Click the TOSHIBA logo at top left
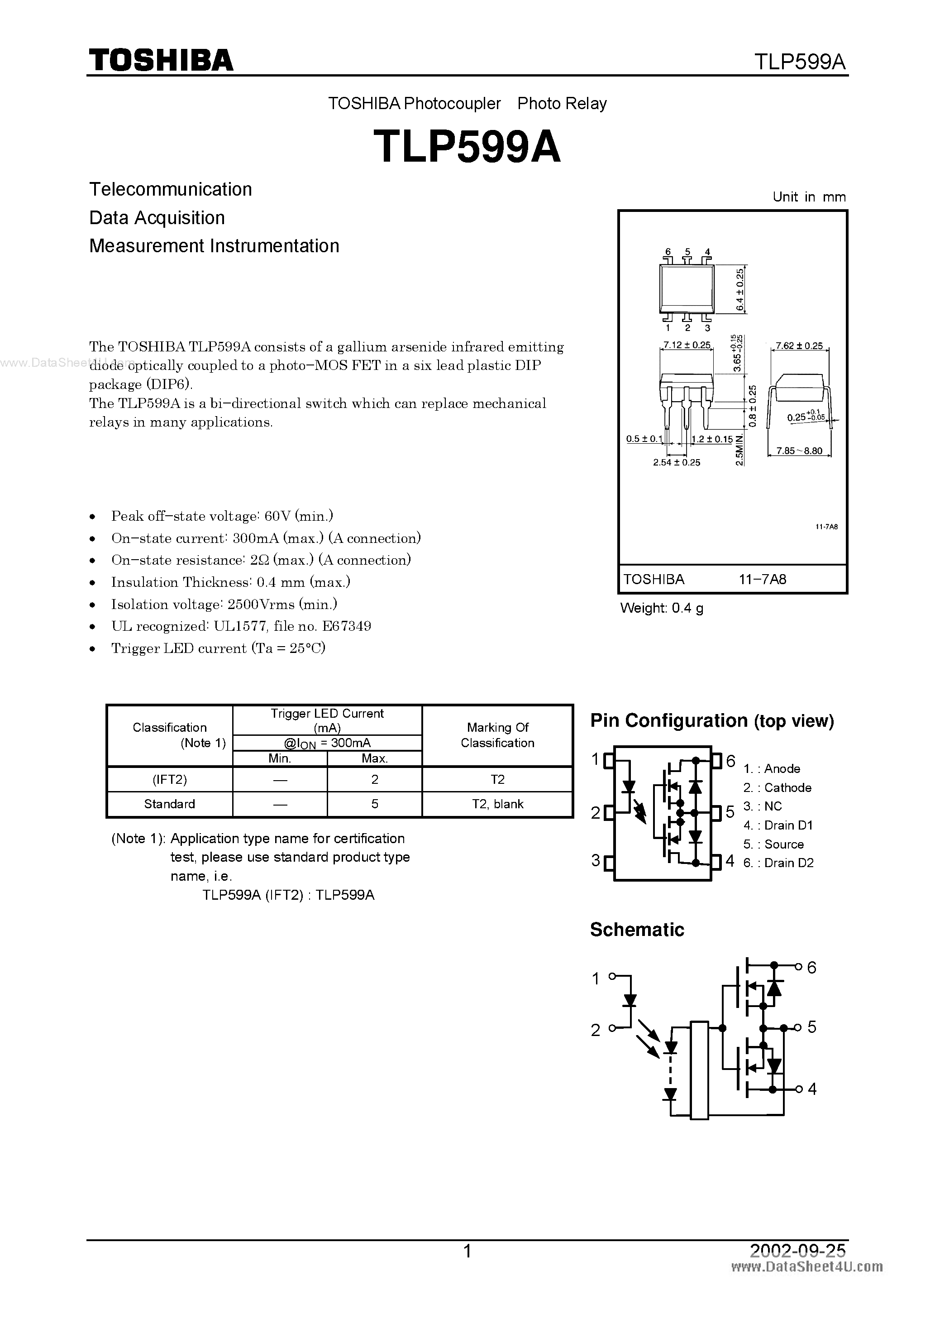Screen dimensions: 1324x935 click(161, 60)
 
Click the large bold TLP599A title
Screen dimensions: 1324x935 click(467, 146)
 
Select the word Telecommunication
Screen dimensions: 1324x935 click(171, 189)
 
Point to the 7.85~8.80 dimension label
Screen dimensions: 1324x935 click(799, 451)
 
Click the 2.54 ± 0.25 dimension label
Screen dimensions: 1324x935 click(676, 462)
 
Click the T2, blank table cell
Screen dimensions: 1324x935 click(497, 804)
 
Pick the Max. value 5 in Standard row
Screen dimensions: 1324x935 click(375, 804)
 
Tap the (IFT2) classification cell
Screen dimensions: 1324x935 click(169, 780)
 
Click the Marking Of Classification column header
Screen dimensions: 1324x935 click(497, 735)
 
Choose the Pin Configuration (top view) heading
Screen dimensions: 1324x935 click(712, 721)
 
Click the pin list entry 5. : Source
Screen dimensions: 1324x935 click(773, 844)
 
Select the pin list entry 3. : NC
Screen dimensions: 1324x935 click(763, 806)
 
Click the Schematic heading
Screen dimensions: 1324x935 click(637, 930)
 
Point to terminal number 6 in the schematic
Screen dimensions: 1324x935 click(811, 968)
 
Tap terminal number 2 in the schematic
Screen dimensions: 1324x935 click(596, 1030)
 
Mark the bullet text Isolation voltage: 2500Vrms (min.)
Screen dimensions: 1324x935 click(224, 604)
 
